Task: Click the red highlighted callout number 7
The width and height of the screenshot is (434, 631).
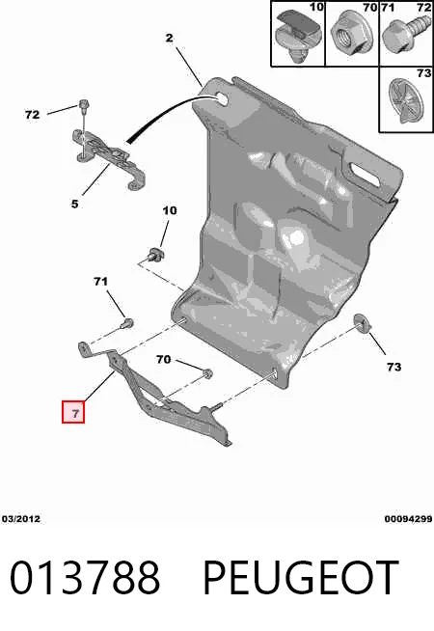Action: pyautogui.click(x=73, y=412)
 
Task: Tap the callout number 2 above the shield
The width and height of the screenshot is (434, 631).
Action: pyautogui.click(x=170, y=38)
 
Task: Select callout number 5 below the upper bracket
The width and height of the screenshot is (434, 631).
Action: pyautogui.click(x=75, y=204)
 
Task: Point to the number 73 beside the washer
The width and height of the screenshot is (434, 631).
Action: pyautogui.click(x=393, y=367)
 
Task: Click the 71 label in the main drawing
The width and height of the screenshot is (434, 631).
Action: pyautogui.click(x=100, y=282)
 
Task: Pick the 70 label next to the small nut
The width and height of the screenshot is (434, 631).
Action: pyautogui.click(x=163, y=359)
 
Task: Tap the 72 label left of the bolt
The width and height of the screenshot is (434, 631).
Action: pyautogui.click(x=32, y=115)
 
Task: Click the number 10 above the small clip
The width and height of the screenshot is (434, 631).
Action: pyautogui.click(x=170, y=210)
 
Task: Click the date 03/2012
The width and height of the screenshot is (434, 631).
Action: pyautogui.click(x=21, y=519)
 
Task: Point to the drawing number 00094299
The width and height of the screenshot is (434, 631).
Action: pyautogui.click(x=408, y=519)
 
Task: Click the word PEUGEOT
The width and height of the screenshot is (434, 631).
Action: pyautogui.click(x=301, y=578)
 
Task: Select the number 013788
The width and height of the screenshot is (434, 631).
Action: pyautogui.click(x=85, y=578)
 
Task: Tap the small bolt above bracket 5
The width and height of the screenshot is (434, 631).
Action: pyautogui.click(x=84, y=106)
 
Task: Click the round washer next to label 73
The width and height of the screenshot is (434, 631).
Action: pyautogui.click(x=363, y=324)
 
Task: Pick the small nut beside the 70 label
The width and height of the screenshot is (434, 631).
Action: pyautogui.click(x=207, y=374)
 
